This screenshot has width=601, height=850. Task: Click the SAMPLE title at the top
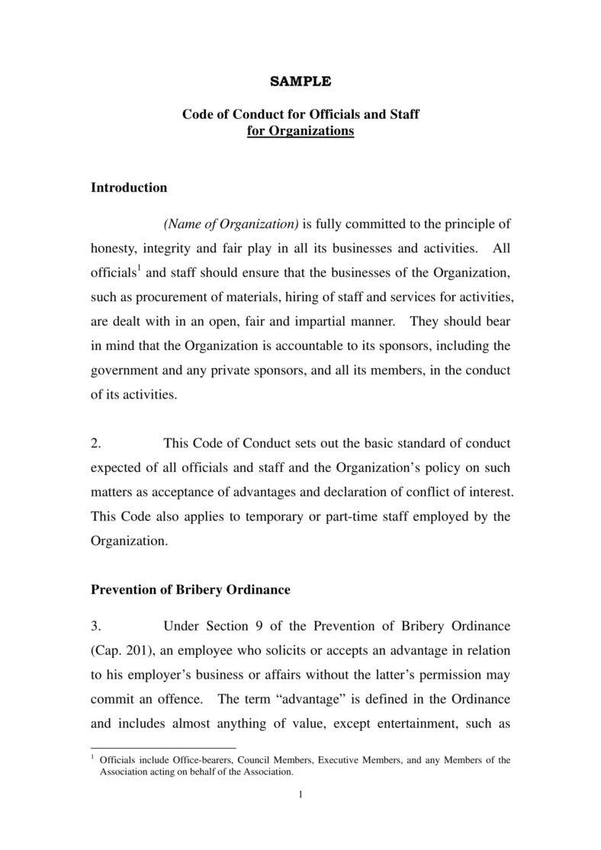(x=300, y=81)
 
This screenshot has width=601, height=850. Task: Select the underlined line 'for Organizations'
(x=300, y=131)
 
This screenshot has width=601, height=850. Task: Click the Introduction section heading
(x=129, y=188)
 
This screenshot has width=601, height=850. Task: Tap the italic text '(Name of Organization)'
(x=231, y=224)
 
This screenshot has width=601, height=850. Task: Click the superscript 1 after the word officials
(x=139, y=268)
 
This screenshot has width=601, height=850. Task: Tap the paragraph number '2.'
(x=96, y=444)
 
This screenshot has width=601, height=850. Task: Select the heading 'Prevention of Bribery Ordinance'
(x=191, y=590)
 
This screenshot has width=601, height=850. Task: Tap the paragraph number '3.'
(x=96, y=627)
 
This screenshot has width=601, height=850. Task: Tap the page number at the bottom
(x=300, y=796)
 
